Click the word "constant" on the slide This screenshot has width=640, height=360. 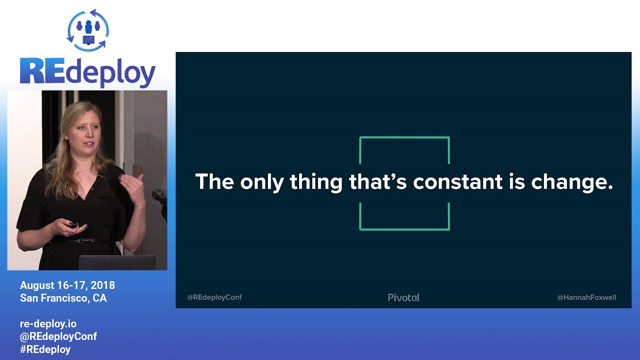(457, 181)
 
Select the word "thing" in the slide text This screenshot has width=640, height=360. (316, 182)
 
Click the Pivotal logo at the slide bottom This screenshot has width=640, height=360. (403, 297)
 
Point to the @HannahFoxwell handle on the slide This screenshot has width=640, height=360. (586, 297)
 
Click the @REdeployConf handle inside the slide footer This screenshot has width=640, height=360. (214, 297)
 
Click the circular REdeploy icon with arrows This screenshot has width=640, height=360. (88, 30)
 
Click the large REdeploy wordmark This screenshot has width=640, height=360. (87, 72)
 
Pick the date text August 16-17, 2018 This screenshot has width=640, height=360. (67, 285)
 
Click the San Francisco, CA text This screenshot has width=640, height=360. (63, 298)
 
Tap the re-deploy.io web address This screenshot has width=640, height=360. (48, 324)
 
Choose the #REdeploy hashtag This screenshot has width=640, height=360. (45, 349)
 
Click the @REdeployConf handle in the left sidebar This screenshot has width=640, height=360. (58, 336)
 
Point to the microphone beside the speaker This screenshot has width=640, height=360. (159, 196)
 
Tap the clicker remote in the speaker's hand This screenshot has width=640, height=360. (73, 225)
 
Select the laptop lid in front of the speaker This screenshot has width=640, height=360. (117, 262)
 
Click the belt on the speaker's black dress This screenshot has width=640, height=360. (82, 241)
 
